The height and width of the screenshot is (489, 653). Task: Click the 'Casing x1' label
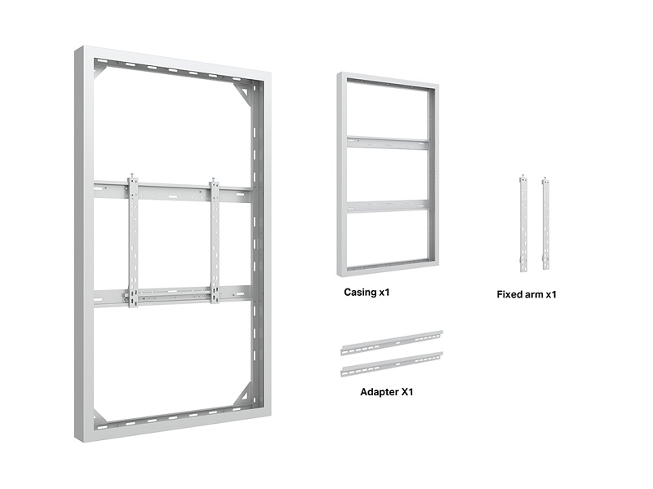(366, 293)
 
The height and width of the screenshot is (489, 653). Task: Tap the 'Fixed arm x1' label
(526, 294)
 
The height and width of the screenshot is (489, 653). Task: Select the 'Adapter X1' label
(386, 392)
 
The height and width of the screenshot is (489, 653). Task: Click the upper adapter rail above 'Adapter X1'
(392, 343)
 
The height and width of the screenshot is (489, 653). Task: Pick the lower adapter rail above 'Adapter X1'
(392, 364)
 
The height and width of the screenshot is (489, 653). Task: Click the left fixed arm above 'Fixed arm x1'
(523, 223)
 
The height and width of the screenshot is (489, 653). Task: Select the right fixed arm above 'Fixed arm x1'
(545, 222)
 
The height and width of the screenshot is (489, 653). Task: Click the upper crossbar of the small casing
(389, 143)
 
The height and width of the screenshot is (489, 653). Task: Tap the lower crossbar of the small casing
(389, 206)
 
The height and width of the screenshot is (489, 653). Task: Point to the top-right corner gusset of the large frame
(245, 94)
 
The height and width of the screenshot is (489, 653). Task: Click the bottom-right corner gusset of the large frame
(245, 394)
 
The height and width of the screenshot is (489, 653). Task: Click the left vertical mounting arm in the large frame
(133, 241)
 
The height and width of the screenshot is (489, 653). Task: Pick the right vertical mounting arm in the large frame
(215, 242)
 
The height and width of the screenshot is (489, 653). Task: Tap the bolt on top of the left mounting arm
(132, 175)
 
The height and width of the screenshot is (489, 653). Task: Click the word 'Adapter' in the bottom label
(379, 392)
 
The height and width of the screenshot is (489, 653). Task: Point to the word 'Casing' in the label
(360, 293)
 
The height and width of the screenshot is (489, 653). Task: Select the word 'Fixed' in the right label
(509, 294)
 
